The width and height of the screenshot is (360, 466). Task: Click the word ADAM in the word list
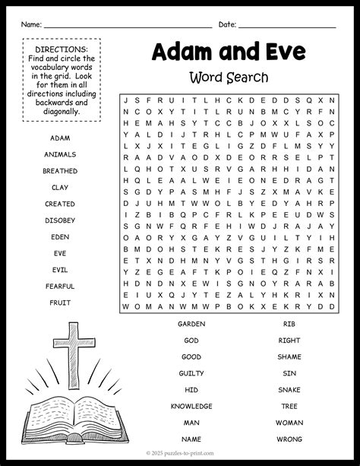(59, 138)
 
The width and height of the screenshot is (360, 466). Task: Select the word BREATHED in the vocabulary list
(59, 171)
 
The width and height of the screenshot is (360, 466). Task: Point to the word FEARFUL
(59, 286)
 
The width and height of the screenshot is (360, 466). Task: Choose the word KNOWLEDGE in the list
(191, 406)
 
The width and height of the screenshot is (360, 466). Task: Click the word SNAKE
(289, 389)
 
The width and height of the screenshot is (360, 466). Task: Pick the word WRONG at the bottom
(289, 439)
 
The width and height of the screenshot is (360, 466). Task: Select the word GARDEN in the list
(191, 323)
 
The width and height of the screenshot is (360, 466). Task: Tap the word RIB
(289, 323)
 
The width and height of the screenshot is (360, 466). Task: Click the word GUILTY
(191, 373)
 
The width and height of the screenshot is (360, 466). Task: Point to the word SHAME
(289, 357)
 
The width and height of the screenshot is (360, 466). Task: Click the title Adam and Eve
(229, 51)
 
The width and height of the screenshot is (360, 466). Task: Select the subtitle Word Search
(229, 78)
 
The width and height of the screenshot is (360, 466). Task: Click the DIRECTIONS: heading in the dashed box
(61, 49)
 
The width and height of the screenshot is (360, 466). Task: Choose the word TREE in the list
(289, 406)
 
